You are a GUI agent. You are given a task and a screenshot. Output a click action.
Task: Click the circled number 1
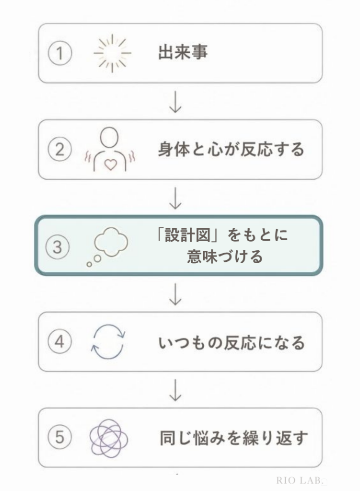tap(60, 53)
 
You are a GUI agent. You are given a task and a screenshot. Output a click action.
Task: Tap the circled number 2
tap(60, 149)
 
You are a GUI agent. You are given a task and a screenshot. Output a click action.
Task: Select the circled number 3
tap(58, 246)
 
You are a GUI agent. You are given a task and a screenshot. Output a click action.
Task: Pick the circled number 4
tap(60, 341)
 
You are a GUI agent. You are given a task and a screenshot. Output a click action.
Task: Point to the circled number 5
tap(60, 437)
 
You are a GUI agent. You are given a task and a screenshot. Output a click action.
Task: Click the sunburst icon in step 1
tap(112, 53)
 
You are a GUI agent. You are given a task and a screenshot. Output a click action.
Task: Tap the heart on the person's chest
tap(110, 164)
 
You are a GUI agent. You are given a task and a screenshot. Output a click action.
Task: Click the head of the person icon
tap(110, 137)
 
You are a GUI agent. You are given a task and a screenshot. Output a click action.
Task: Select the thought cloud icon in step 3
tap(107, 246)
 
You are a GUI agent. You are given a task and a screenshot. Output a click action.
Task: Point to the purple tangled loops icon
tap(109, 438)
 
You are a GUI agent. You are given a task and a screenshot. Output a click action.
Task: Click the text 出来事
tap(183, 52)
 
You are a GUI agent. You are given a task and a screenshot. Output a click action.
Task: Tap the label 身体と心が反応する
tap(231, 149)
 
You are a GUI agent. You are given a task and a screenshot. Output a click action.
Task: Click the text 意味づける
tap(225, 257)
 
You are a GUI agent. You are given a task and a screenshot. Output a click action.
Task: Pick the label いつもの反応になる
tap(232, 342)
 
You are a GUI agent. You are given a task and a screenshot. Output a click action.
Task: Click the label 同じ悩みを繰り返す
tap(234, 438)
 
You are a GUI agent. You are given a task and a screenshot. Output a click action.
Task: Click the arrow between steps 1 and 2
tap(175, 102)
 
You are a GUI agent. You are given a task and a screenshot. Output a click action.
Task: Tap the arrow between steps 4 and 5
tap(175, 390)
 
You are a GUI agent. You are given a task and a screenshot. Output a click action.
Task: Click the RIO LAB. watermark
tap(300, 480)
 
